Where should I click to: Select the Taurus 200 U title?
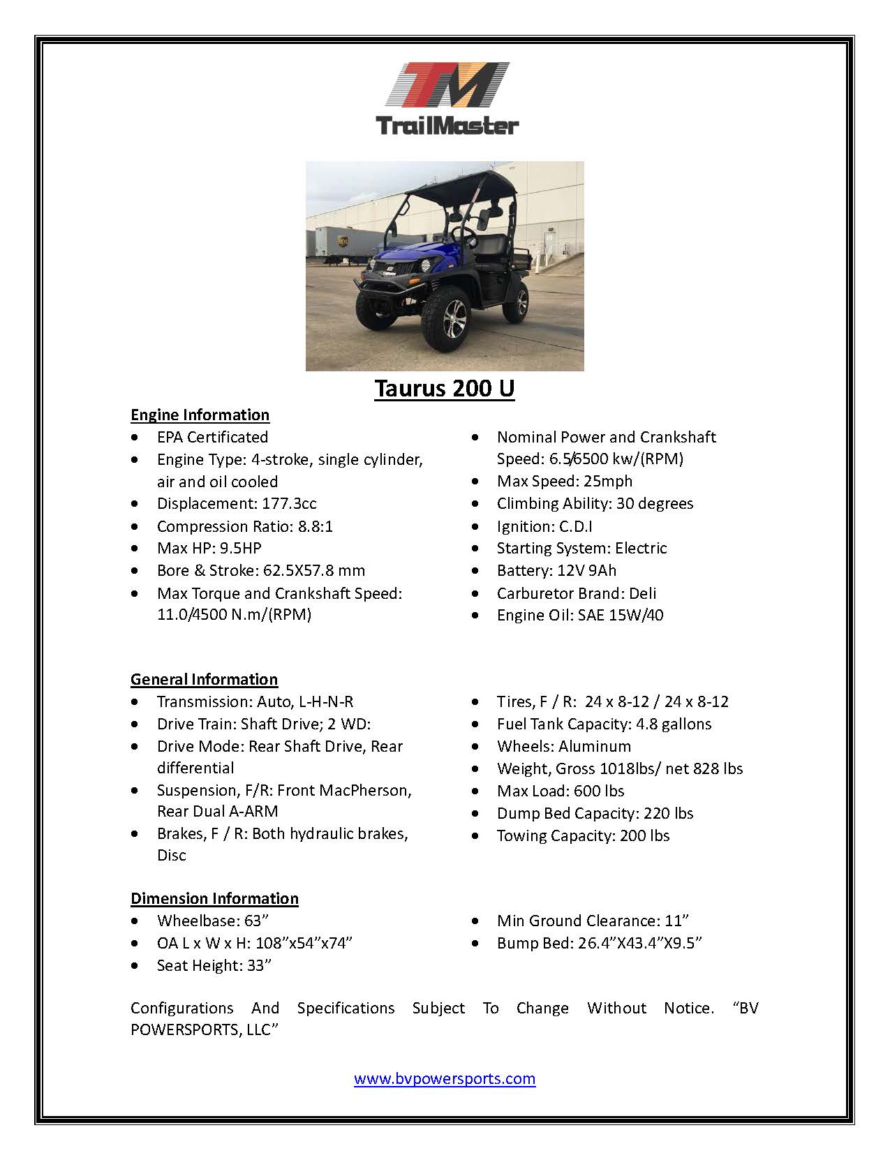click(444, 388)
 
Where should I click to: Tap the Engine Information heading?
click(200, 415)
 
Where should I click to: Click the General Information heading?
click(204, 679)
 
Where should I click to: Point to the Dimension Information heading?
click(214, 898)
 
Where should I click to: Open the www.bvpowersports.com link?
click(445, 1078)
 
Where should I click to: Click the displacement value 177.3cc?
click(289, 503)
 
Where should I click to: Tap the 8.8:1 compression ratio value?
click(316, 526)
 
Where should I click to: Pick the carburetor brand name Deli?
click(642, 593)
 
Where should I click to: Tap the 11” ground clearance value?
click(677, 921)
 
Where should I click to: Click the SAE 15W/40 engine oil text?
click(621, 615)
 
